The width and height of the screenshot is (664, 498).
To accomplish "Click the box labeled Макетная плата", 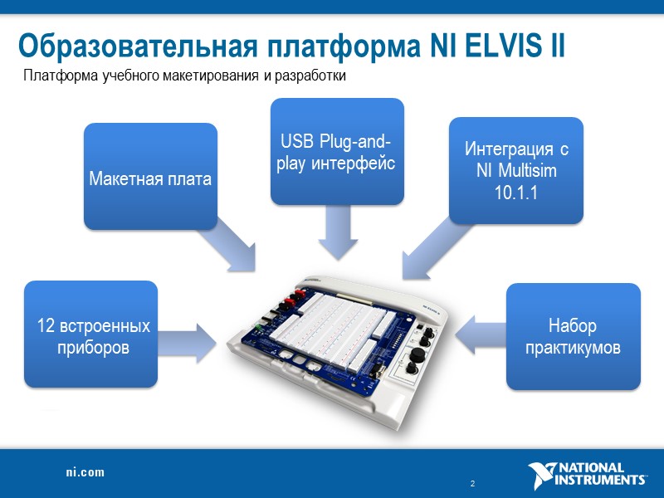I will point(150,176).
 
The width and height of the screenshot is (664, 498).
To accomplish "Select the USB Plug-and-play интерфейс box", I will point(337,151).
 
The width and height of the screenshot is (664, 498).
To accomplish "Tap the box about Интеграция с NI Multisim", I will point(515,170).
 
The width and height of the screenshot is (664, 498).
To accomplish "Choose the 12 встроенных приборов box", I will point(90,334).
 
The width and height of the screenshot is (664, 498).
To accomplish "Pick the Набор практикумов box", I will point(574,335).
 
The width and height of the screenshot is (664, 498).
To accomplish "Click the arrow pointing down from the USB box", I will point(337,233).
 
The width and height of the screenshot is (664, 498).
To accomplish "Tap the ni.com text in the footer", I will point(85,472).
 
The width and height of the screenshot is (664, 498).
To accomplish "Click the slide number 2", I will point(471,484).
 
